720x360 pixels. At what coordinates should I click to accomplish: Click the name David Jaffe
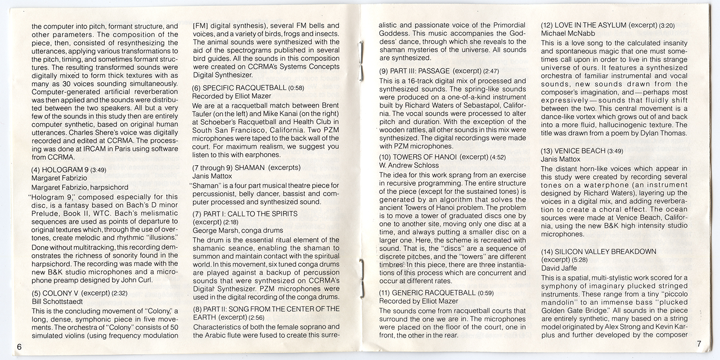(556, 268)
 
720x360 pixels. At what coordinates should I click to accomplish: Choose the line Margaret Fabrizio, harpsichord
(80, 187)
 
